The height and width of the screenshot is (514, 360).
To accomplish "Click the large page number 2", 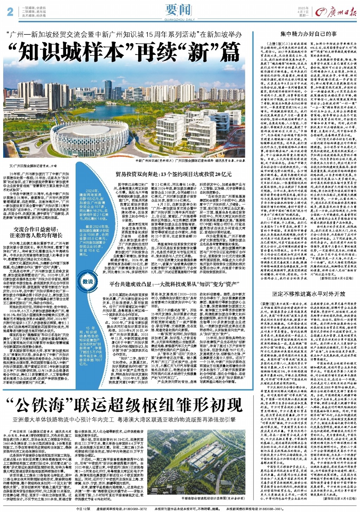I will click(10, 12).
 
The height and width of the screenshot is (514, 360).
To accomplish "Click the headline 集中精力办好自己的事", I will click(308, 34).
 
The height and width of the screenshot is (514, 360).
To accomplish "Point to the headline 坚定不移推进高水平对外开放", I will click(309, 294).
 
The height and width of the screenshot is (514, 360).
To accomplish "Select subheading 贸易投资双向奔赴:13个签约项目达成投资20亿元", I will click(174, 174).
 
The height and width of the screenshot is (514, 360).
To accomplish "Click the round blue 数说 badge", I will click(88, 281).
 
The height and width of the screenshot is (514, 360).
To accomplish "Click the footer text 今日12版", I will click(83, 508).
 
